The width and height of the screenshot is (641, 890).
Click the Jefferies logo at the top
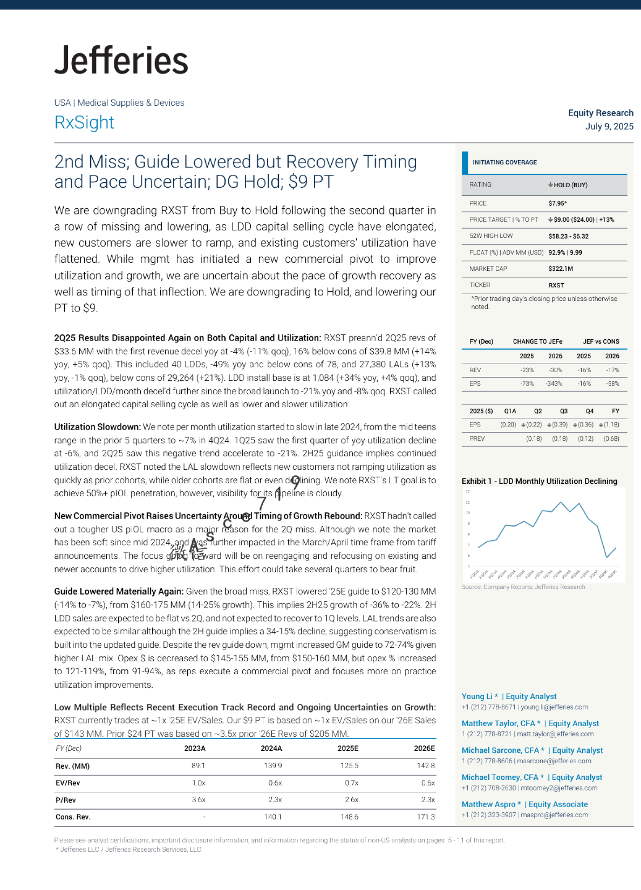click(121, 60)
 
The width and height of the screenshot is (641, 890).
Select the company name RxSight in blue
click(84, 122)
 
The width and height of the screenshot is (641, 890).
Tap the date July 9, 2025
click(609, 126)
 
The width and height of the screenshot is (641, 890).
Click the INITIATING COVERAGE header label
click(504, 162)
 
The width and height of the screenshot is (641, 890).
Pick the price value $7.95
click(557, 203)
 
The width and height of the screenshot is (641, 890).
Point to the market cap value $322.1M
click(561, 269)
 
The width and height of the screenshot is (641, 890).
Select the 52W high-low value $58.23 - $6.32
click(568, 236)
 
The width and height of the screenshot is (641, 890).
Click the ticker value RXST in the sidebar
click(556, 285)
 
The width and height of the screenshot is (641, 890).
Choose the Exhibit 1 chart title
click(539, 481)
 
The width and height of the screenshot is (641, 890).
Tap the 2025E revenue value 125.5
click(349, 766)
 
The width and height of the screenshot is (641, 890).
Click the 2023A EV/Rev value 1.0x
click(199, 783)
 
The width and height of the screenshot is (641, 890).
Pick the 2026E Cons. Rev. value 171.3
click(426, 817)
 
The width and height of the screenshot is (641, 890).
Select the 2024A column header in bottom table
click(271, 749)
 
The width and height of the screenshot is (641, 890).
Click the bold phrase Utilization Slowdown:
click(97, 427)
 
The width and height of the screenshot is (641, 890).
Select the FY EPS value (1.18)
click(611, 425)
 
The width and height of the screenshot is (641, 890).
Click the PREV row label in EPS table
click(477, 439)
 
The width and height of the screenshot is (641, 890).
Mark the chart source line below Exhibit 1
click(523, 587)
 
